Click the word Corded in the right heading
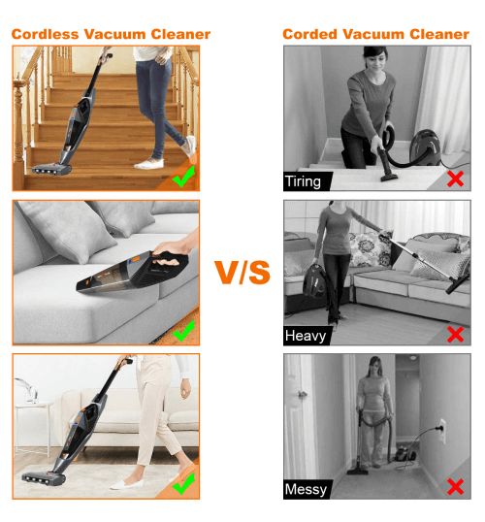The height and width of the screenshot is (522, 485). [311, 34]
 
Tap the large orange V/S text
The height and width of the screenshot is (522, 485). [242, 273]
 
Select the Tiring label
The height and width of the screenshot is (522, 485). [304, 181]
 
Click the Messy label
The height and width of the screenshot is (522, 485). [307, 489]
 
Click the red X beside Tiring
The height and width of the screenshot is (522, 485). [455, 179]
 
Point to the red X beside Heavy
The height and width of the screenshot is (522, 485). [455, 334]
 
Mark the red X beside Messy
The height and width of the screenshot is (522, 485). [455, 487]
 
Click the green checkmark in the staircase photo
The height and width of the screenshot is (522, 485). [182, 177]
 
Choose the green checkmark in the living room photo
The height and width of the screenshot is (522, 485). [182, 481]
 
